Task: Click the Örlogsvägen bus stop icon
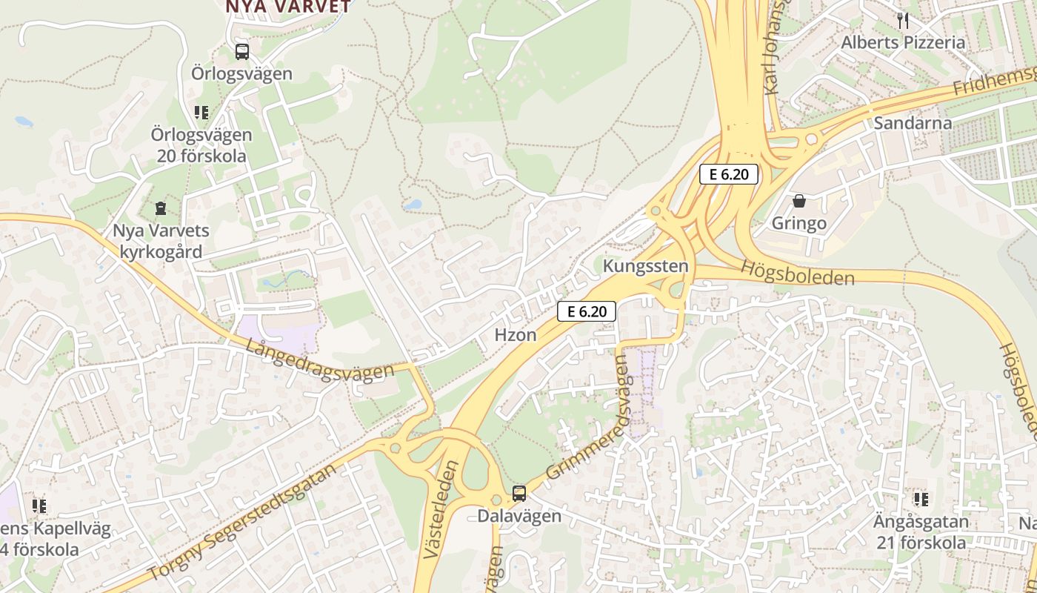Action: click(x=242, y=52)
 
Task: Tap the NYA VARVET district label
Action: click(x=288, y=7)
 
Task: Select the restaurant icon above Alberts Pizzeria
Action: click(x=902, y=20)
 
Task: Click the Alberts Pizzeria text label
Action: click(x=902, y=42)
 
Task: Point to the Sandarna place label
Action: click(x=913, y=123)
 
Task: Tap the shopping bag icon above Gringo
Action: click(x=799, y=201)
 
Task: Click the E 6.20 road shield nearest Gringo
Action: click(x=729, y=175)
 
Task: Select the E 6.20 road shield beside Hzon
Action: click(x=587, y=311)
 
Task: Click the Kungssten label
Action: click(x=646, y=265)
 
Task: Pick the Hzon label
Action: click(x=516, y=335)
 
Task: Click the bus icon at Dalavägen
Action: click(x=519, y=494)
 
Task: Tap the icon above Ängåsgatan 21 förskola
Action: click(x=921, y=500)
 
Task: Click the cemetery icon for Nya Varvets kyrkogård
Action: click(x=161, y=209)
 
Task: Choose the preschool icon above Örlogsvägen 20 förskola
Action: click(x=201, y=113)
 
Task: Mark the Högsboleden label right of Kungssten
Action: click(x=797, y=273)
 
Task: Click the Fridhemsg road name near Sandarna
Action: click(x=993, y=81)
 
